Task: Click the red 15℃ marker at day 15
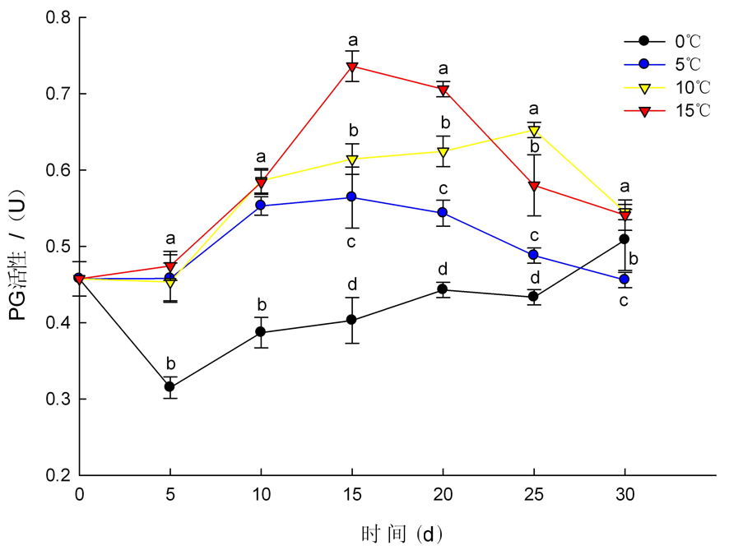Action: [352, 67]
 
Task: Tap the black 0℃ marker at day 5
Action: [170, 386]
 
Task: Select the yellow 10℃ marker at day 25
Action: [534, 131]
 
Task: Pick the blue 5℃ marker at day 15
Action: [352, 197]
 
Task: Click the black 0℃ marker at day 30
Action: [625, 239]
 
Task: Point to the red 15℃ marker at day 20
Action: [443, 90]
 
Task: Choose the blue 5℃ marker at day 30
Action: [625, 280]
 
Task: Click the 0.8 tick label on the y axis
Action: [56, 17]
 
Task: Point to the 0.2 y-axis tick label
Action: [56, 476]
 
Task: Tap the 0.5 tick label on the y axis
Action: [56, 247]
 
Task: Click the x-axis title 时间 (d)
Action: [402, 534]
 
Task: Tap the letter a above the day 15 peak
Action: [353, 39]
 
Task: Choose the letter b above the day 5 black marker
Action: [170, 363]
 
